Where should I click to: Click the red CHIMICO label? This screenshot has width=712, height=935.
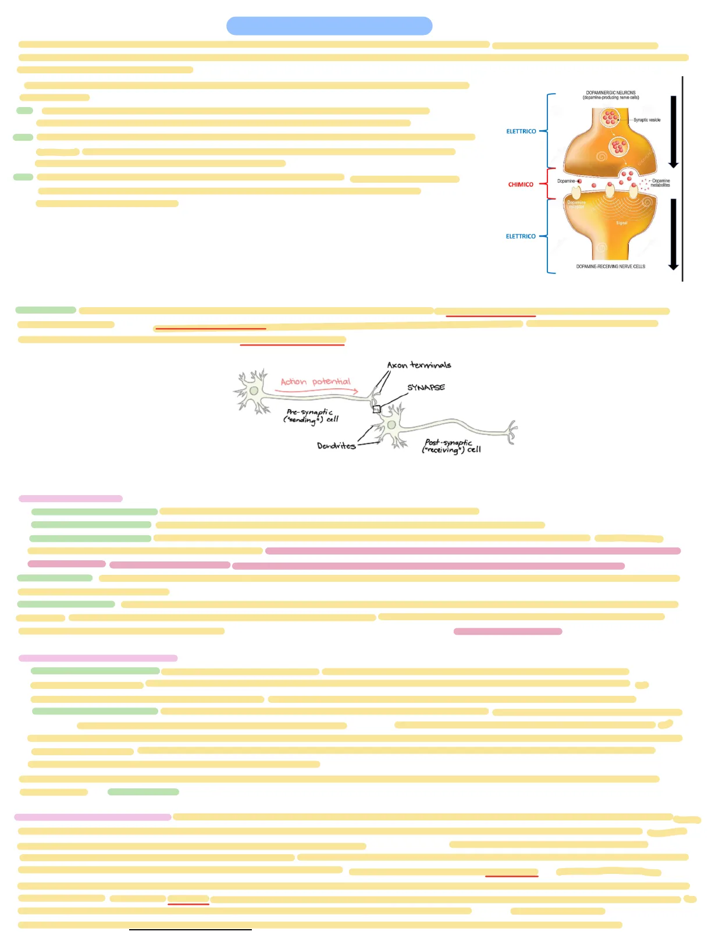(x=521, y=184)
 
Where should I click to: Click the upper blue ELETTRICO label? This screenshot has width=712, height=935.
(x=521, y=131)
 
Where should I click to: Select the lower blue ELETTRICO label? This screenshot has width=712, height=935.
(x=521, y=236)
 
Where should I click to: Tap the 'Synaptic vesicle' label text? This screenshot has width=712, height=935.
(x=647, y=120)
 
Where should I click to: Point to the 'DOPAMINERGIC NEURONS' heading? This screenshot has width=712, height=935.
(x=611, y=93)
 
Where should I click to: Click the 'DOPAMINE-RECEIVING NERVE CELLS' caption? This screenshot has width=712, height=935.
(x=611, y=266)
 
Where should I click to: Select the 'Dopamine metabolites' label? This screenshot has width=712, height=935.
(x=660, y=183)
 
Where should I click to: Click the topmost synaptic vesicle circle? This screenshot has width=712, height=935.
(x=610, y=118)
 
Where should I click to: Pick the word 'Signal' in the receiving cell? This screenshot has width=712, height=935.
(x=622, y=223)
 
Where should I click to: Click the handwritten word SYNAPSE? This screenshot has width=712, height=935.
(x=426, y=387)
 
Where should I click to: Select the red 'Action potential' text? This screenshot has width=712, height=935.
(x=315, y=382)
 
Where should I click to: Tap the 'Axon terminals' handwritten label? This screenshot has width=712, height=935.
(x=419, y=365)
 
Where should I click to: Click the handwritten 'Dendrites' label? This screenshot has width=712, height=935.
(x=336, y=446)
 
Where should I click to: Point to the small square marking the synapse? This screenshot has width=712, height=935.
(x=377, y=409)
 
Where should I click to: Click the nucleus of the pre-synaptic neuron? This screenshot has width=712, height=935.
(x=254, y=391)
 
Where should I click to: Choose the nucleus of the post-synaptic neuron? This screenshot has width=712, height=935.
(x=391, y=425)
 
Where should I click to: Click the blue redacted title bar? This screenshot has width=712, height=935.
(x=329, y=26)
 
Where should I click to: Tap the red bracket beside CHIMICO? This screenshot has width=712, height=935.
(x=544, y=184)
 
